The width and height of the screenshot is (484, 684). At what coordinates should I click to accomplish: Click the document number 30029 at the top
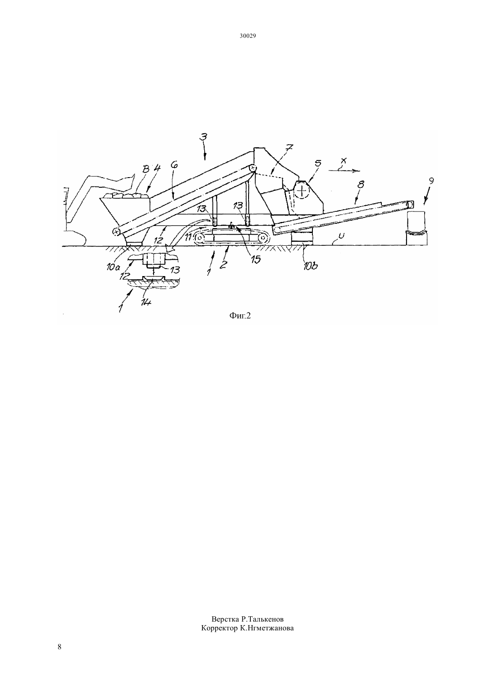[247, 36]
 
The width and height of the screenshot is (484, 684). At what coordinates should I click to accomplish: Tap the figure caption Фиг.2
[240, 316]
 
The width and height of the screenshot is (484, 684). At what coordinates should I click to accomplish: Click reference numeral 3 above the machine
[203, 137]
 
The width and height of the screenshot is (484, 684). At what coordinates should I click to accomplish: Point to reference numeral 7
[289, 148]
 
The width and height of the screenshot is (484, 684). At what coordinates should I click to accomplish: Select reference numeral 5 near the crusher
[318, 163]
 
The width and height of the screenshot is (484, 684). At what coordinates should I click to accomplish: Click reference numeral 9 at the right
[431, 181]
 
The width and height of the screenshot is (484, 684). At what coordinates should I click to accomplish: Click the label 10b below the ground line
[311, 266]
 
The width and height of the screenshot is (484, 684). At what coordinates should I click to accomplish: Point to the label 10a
[114, 267]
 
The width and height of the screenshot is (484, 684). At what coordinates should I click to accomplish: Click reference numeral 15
[256, 259]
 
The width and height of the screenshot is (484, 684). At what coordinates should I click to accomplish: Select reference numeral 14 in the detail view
[147, 302]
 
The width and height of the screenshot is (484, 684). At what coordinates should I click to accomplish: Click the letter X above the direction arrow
[344, 160]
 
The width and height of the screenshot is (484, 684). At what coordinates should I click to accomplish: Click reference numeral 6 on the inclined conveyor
[175, 165]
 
